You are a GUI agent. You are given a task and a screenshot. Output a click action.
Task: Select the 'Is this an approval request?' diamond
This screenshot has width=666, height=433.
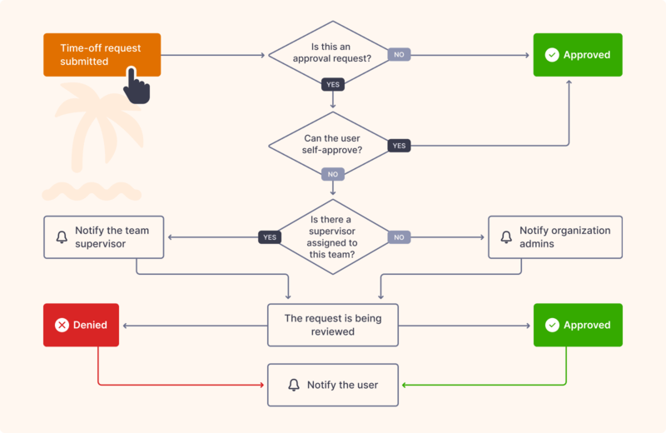tap(333, 55)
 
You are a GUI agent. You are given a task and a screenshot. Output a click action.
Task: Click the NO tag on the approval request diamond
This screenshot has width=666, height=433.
tap(399, 55)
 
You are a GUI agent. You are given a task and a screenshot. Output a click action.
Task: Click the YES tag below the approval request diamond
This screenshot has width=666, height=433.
tap(333, 84)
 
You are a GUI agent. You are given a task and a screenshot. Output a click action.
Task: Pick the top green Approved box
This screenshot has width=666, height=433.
tap(577, 55)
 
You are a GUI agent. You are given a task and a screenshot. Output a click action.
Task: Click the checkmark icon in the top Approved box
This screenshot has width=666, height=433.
tap(551, 55)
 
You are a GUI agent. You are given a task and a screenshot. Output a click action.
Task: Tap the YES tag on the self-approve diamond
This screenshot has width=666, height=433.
tap(399, 146)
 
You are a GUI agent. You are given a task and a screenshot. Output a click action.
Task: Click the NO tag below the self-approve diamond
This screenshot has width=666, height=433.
tap(333, 174)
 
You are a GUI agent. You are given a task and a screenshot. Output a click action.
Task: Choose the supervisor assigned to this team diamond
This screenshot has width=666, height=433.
tap(333, 236)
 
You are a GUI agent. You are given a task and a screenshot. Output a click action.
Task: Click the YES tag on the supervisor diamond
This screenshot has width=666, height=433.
tap(269, 237)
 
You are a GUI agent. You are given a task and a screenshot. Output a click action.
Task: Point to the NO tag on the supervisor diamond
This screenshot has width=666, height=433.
tap(399, 237)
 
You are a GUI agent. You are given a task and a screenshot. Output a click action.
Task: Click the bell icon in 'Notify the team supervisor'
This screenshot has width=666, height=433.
tap(62, 237)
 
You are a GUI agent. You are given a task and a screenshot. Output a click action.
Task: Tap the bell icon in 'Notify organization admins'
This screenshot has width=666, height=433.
tap(506, 237)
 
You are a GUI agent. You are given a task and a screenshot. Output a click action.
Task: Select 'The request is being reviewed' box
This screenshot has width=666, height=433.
tap(333, 325)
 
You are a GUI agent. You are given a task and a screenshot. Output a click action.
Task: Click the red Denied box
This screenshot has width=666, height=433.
tap(81, 325)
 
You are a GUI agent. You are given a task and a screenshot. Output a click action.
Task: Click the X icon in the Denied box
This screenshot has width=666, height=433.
tap(62, 325)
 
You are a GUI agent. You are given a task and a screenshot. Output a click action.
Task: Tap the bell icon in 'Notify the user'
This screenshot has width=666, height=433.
tap(293, 385)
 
